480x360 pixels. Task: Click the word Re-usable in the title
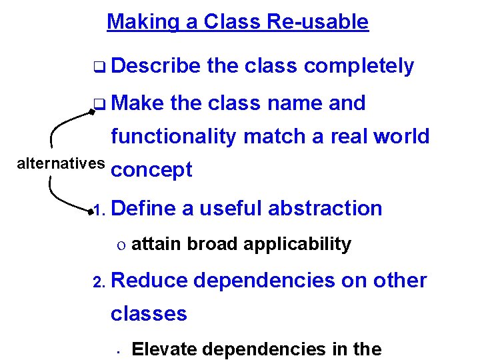(317, 22)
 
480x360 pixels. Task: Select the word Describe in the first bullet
(156, 66)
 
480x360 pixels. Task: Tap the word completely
(359, 66)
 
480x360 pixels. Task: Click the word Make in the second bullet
(138, 103)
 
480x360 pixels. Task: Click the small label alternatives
(61, 163)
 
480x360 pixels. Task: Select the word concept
(152, 170)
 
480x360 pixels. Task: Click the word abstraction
(325, 208)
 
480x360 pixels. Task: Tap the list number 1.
(99, 211)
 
